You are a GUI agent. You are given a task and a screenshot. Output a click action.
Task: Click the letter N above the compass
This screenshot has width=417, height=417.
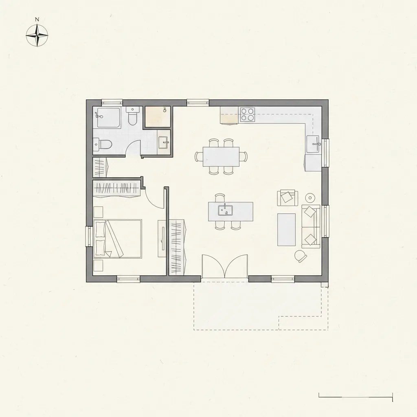pos(37,20)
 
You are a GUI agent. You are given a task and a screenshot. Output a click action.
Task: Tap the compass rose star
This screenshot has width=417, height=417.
pos(37,35)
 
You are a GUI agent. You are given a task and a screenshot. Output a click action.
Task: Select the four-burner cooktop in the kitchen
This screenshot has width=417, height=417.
pos(247,114)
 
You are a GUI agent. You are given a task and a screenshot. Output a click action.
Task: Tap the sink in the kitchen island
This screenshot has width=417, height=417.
pos(225,210)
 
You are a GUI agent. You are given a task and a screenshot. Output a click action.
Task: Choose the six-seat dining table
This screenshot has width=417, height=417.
pos(221,157)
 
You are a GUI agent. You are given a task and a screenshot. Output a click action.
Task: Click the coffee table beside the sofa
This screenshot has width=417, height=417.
pos(286,230)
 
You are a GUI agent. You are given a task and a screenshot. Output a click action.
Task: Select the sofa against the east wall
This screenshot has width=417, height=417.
pos(311,226)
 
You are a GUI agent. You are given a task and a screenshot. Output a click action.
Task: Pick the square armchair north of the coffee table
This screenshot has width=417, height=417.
pos(287,198)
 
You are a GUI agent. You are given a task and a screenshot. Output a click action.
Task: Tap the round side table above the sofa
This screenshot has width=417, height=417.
pos(310,198)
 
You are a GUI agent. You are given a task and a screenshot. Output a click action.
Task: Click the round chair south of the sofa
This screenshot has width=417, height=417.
pos(301,256)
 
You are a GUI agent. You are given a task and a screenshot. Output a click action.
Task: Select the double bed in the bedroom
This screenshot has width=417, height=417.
pos(118,239)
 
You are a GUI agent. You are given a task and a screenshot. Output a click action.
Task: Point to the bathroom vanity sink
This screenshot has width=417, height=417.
pos(163,142)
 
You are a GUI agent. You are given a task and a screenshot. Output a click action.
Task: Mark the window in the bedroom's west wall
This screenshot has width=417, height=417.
pos(88,237)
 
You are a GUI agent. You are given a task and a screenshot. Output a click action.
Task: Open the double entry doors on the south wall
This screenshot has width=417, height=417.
pos(225,266)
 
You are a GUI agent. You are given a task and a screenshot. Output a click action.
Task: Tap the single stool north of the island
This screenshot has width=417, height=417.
pos(220,198)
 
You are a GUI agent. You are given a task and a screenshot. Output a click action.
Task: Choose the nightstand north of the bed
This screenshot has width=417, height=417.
pos(99,212)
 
